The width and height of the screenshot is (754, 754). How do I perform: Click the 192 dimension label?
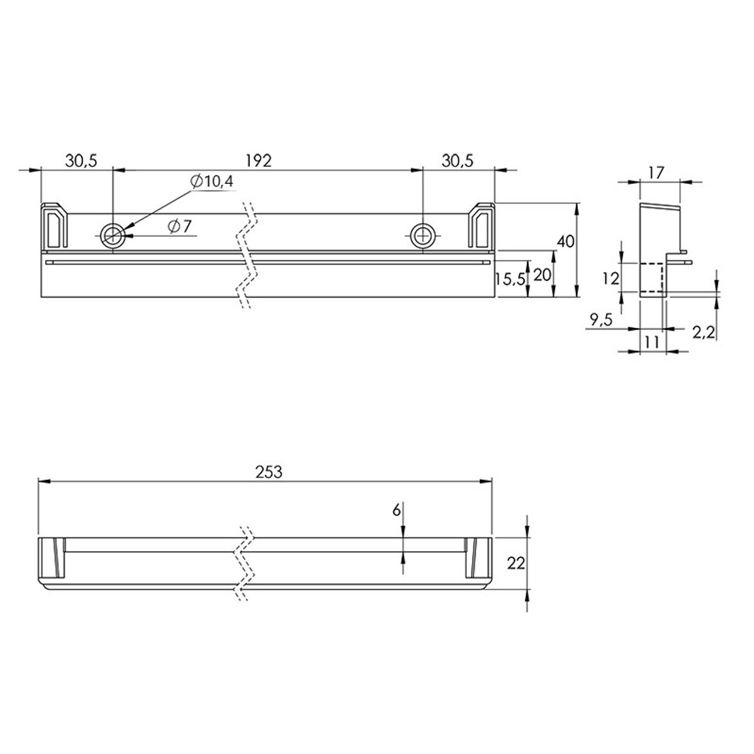click(259, 160)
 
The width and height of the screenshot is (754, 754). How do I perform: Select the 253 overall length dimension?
click(269, 472)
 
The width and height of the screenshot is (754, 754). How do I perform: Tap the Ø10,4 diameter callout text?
click(211, 181)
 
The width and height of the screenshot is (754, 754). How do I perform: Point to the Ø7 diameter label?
click(179, 226)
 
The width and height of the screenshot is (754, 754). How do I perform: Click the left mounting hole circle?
click(113, 235)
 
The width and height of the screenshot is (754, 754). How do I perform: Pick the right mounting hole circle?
click(423, 235)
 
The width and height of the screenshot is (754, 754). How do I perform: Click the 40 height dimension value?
click(565, 241)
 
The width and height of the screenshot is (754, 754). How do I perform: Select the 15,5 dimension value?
click(511, 279)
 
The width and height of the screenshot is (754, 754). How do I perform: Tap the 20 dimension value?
click(542, 275)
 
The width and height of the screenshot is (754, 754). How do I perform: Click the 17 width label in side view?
click(656, 172)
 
